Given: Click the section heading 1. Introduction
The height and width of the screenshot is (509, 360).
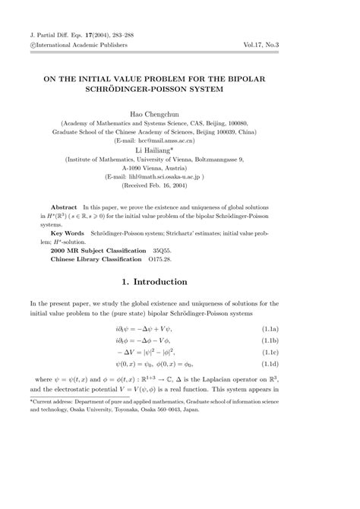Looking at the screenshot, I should pos(180,282).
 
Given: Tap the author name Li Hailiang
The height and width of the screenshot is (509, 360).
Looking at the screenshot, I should pos(179,151).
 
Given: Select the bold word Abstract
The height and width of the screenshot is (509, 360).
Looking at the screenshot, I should pos(64,207).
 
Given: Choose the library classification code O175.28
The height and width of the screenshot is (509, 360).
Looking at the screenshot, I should pos(172,258).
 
